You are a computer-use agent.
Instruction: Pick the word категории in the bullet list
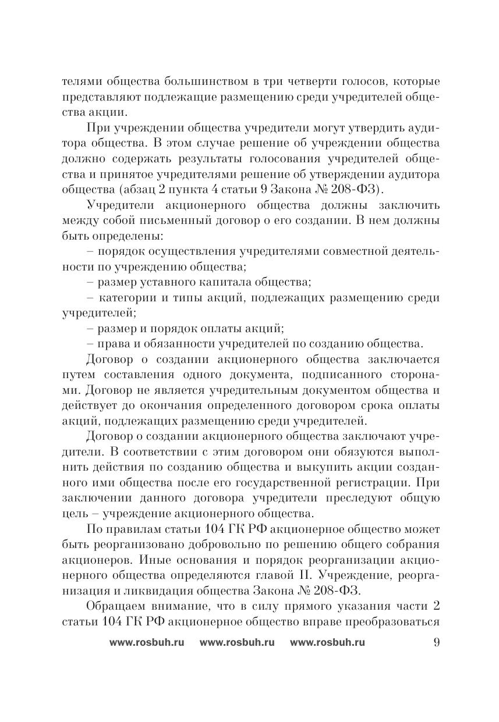(129, 298)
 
